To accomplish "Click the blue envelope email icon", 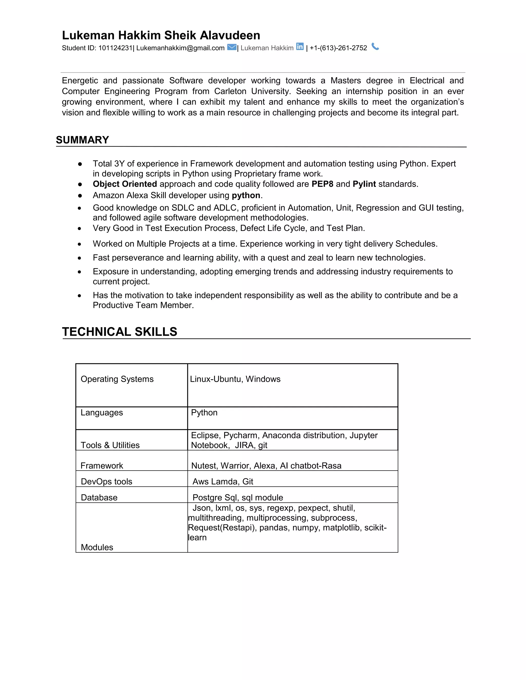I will pyautogui.click(x=232, y=47).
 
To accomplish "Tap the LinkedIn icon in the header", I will pyautogui.click(x=300, y=47).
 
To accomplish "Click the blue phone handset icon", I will pyautogui.click(x=375, y=47).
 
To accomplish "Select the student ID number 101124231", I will pyautogui.click(x=115, y=48).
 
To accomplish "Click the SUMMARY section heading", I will pyautogui.click(x=83, y=140).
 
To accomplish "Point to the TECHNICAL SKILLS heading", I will pyautogui.click(x=120, y=332).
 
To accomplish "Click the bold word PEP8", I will pyautogui.click(x=322, y=184).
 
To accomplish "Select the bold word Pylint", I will pyautogui.click(x=364, y=184).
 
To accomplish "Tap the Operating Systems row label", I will pyautogui.click(x=117, y=379).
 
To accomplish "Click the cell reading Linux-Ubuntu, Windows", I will pyautogui.click(x=235, y=379).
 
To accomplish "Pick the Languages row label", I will pyautogui.click(x=102, y=413).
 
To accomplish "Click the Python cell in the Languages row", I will pyautogui.click(x=204, y=413).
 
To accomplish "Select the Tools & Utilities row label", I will pyautogui.click(x=110, y=445).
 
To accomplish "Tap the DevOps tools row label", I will pyautogui.click(x=107, y=481).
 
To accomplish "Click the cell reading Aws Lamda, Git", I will pyautogui.click(x=223, y=481).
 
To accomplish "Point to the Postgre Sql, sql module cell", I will pyautogui.click(x=238, y=498).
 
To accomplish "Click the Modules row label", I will pyautogui.click(x=97, y=547).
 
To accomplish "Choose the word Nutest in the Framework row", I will pyautogui.click(x=204, y=465).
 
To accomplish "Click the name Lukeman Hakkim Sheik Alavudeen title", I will pyautogui.click(x=161, y=35).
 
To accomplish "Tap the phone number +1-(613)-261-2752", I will pyautogui.click(x=339, y=48).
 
